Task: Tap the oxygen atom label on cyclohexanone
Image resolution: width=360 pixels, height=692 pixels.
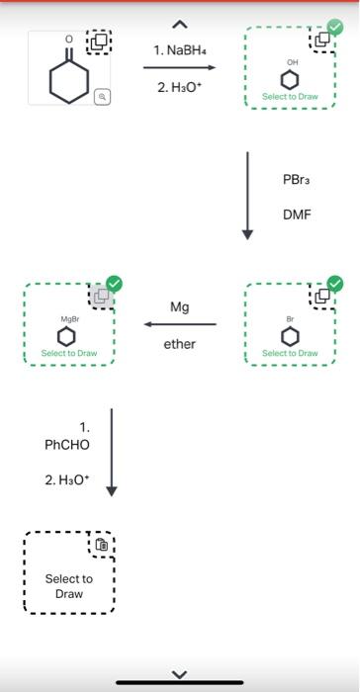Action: click(x=68, y=40)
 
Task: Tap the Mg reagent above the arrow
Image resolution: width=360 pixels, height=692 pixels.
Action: click(x=179, y=307)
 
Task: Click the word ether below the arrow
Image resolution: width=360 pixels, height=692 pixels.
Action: click(x=179, y=344)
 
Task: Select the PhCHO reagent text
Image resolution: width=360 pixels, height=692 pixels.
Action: click(x=67, y=445)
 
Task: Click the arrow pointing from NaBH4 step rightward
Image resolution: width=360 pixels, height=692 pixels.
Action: click(x=179, y=67)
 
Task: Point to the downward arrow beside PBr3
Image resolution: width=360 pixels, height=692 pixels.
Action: click(x=248, y=195)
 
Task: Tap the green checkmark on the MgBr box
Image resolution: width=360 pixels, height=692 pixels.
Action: click(x=115, y=284)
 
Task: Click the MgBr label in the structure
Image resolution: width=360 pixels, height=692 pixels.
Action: click(x=69, y=319)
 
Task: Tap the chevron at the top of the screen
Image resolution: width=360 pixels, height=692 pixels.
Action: click(x=179, y=22)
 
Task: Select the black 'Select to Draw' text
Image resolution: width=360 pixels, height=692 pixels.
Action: click(x=69, y=586)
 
